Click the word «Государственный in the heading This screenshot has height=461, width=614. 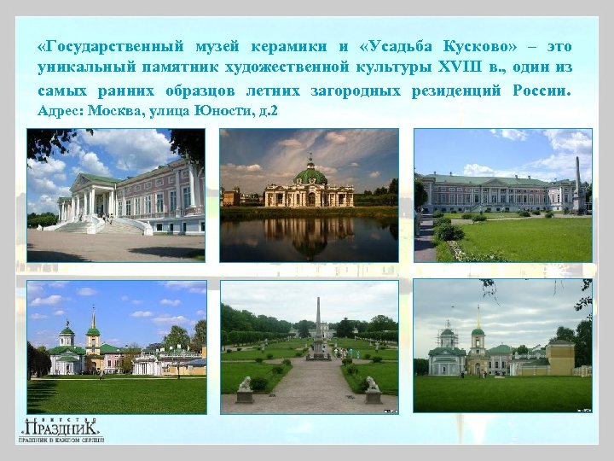[101, 46]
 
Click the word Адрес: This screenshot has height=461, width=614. [60, 111]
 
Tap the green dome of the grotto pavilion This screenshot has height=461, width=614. [310, 176]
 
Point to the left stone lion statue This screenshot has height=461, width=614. [246, 385]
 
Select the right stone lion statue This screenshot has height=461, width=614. [372, 385]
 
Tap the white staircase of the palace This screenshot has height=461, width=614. [82, 225]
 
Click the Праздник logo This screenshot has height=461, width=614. [62, 429]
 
